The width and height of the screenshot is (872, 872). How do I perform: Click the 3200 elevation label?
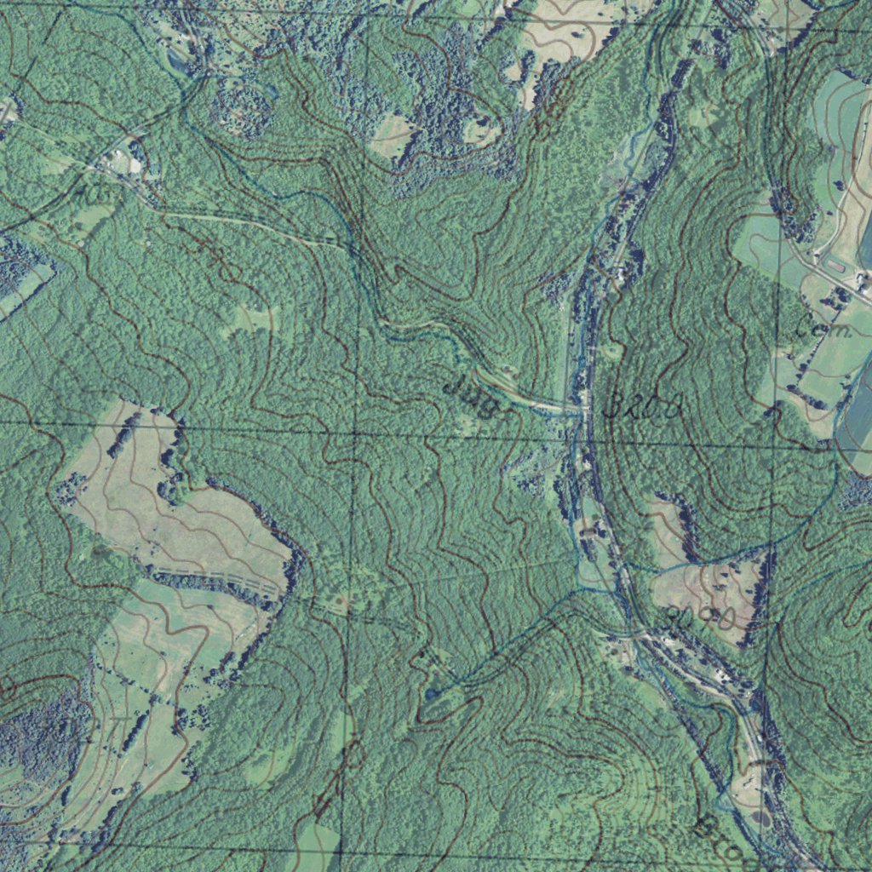pos(644,407)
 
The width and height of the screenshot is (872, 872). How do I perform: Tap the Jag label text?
pos(470,396)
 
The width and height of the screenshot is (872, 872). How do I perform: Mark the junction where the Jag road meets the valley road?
pos(582,410)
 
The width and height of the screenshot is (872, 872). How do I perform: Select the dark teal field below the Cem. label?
pos(856,417)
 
